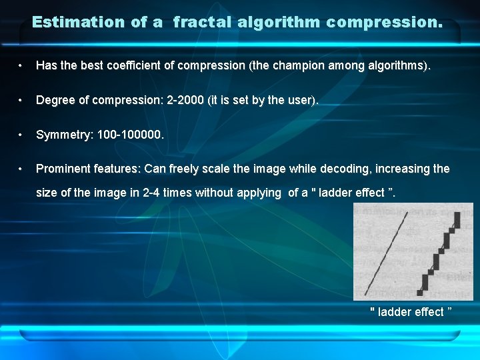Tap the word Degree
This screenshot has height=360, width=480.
pos(56,100)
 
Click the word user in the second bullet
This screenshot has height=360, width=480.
pos(301,100)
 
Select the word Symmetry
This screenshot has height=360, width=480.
pos(63,135)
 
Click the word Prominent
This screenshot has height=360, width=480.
pos(65,169)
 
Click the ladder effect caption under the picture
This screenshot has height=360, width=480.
pos(411,312)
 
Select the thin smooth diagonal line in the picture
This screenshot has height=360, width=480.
pos(387,249)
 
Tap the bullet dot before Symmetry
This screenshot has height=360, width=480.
pos(22,135)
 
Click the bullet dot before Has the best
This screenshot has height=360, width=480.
pos(22,66)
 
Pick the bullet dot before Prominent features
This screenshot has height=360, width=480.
pos(22,169)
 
